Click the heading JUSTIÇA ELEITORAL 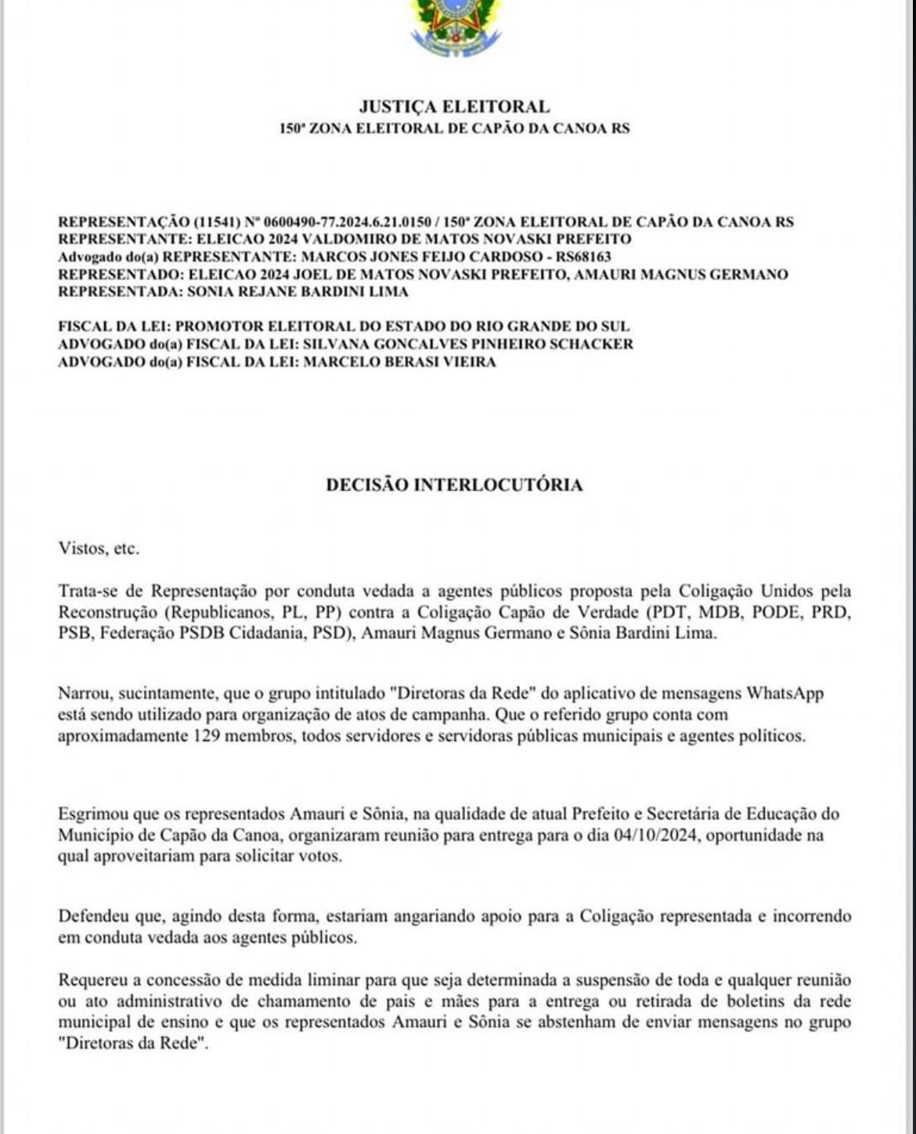tap(454, 107)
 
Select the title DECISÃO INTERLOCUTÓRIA tap(454, 485)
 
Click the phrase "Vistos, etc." tap(99, 548)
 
